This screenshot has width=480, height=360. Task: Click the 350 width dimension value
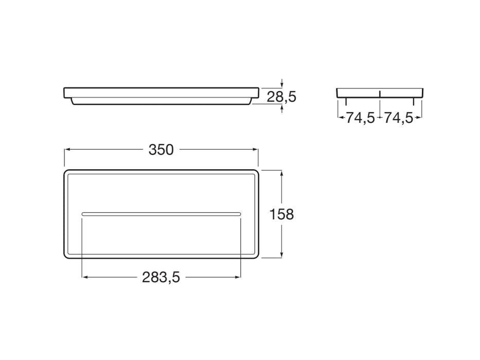point(161,150)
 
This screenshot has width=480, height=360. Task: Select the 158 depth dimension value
point(282,214)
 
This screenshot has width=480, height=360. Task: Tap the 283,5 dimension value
point(161,278)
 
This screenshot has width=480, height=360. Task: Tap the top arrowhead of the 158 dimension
point(282,173)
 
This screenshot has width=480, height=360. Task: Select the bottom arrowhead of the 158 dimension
point(282,255)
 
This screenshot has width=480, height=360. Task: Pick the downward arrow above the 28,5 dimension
point(282,85)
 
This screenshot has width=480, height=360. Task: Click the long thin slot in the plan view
point(161,213)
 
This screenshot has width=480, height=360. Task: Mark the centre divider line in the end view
point(380,93)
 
